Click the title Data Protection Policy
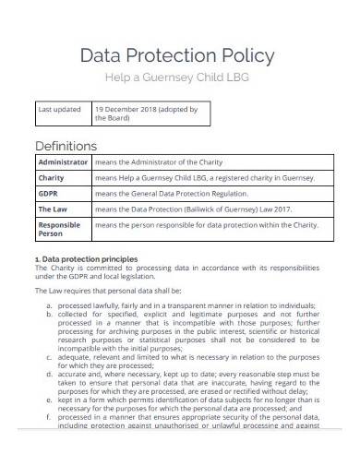point(179,54)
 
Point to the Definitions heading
point(66,146)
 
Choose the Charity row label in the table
point(51,179)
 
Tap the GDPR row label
point(47,195)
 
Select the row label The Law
point(52,209)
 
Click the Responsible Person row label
point(59,230)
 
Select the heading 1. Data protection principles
point(87,260)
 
